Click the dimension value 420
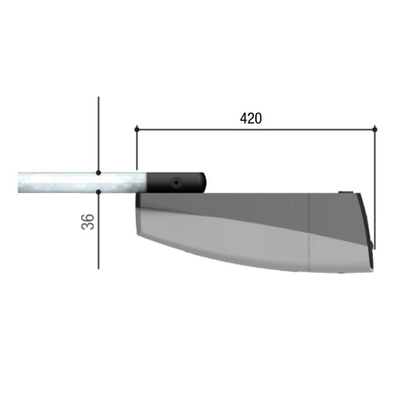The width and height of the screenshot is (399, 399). (x=251, y=118)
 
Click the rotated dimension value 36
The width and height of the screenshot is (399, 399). (x=88, y=221)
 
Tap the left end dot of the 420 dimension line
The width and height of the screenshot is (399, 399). (x=136, y=130)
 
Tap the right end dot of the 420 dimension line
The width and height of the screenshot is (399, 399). (x=374, y=130)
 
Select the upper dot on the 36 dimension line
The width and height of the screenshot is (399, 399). (x=98, y=173)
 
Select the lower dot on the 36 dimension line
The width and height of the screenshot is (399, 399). (x=98, y=192)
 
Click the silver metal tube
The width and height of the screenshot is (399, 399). (x=82, y=182)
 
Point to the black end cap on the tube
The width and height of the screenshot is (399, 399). (x=176, y=182)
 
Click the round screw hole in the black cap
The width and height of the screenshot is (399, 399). (x=176, y=182)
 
